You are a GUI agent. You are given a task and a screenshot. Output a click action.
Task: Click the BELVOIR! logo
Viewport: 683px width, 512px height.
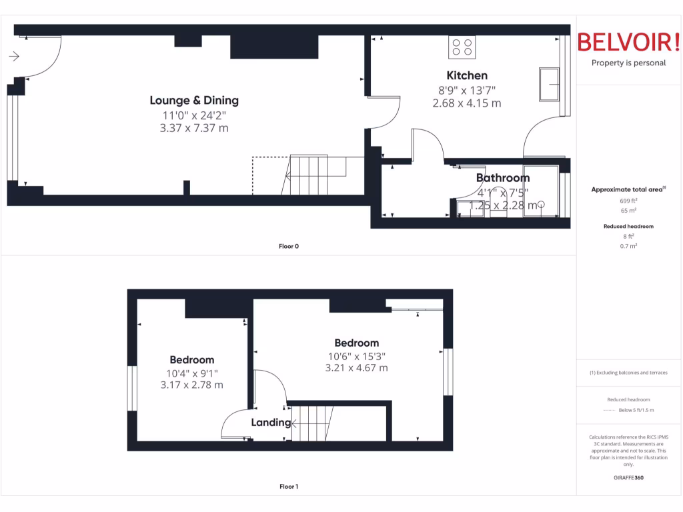pyautogui.click(x=628, y=42)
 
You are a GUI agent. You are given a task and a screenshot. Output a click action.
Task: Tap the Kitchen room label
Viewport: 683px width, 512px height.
pyautogui.click(x=467, y=75)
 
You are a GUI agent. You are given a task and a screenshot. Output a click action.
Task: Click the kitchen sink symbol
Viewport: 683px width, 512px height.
pyautogui.click(x=550, y=84)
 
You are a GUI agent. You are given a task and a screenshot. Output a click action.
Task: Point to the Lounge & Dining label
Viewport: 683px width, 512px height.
pyautogui.click(x=194, y=101)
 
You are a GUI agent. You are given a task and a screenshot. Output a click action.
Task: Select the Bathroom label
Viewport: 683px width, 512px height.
pyautogui.click(x=503, y=178)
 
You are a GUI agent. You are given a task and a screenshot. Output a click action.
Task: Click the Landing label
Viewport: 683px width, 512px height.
pyautogui.click(x=271, y=422)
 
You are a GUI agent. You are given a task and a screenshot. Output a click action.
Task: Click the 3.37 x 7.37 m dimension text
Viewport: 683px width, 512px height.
pyautogui.click(x=194, y=128)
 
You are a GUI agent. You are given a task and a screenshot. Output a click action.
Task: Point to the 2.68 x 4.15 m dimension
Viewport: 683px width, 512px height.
pyautogui.click(x=467, y=103)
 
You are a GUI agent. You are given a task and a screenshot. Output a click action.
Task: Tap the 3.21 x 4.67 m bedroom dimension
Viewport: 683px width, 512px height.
pyautogui.click(x=356, y=367)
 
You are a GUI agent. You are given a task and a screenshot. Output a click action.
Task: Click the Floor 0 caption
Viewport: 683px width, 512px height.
pyautogui.click(x=289, y=247)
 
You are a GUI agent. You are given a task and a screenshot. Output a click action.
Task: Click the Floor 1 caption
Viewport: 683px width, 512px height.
pyautogui.click(x=289, y=487)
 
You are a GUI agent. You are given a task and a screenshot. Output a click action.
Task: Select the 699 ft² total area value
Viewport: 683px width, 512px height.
pyautogui.click(x=629, y=200)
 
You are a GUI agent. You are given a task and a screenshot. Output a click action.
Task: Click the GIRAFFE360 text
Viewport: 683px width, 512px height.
pyautogui.click(x=629, y=478)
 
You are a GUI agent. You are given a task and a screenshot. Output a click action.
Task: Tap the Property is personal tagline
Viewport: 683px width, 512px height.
pyautogui.click(x=628, y=63)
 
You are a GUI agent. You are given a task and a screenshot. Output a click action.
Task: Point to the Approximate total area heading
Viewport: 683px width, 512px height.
pyautogui.click(x=628, y=190)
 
